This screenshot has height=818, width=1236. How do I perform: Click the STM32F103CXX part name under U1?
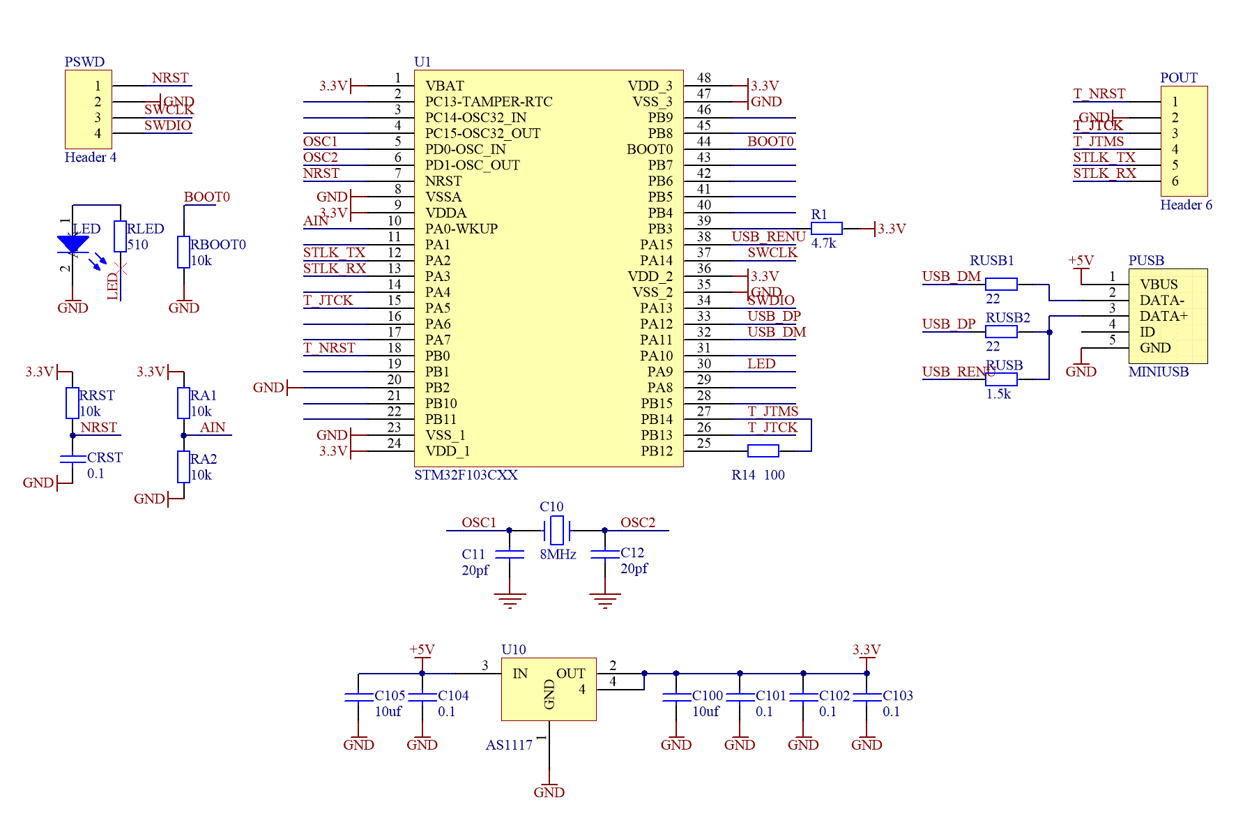click(x=466, y=475)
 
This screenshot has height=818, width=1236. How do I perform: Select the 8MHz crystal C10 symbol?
click(x=556, y=531)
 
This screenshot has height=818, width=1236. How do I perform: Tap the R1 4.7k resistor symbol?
click(x=827, y=229)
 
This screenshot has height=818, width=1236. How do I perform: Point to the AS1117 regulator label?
click(x=509, y=745)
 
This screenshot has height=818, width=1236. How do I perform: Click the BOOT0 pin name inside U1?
click(x=649, y=149)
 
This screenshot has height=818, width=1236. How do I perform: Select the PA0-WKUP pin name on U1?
click(x=461, y=229)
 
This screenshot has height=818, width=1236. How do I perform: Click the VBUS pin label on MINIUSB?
click(x=1159, y=285)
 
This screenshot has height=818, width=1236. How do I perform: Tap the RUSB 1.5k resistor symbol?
click(x=1001, y=379)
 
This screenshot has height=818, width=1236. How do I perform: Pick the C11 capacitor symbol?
click(x=510, y=554)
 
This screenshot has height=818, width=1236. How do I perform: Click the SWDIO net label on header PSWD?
click(x=167, y=126)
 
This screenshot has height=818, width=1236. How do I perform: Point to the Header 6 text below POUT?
click(x=1186, y=205)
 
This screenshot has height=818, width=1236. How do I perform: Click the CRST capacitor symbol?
click(x=73, y=459)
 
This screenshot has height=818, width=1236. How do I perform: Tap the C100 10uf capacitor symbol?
click(x=676, y=697)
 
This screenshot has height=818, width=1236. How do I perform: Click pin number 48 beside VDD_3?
click(x=704, y=78)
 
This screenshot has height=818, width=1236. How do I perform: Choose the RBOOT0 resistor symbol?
click(x=184, y=252)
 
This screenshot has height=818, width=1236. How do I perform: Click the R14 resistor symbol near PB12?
click(x=763, y=451)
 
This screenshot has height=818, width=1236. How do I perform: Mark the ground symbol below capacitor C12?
click(x=604, y=600)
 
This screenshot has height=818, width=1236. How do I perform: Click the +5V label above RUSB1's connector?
click(x=1081, y=261)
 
